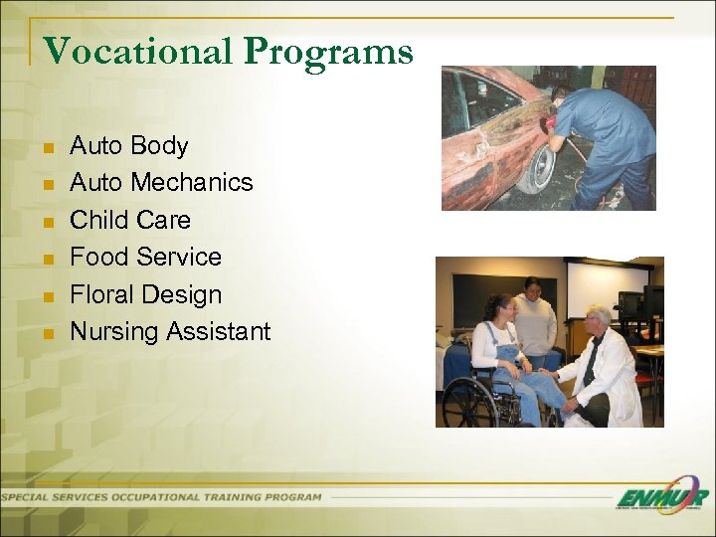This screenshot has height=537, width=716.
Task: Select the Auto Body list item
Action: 128,146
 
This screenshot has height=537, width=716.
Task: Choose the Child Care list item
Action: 129,220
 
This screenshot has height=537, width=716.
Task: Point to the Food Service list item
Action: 145,257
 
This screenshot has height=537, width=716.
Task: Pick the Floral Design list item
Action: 145,294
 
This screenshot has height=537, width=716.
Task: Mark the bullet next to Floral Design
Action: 47,296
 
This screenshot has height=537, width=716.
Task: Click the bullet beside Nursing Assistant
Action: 47,333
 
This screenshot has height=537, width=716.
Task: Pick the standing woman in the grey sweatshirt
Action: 536,318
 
